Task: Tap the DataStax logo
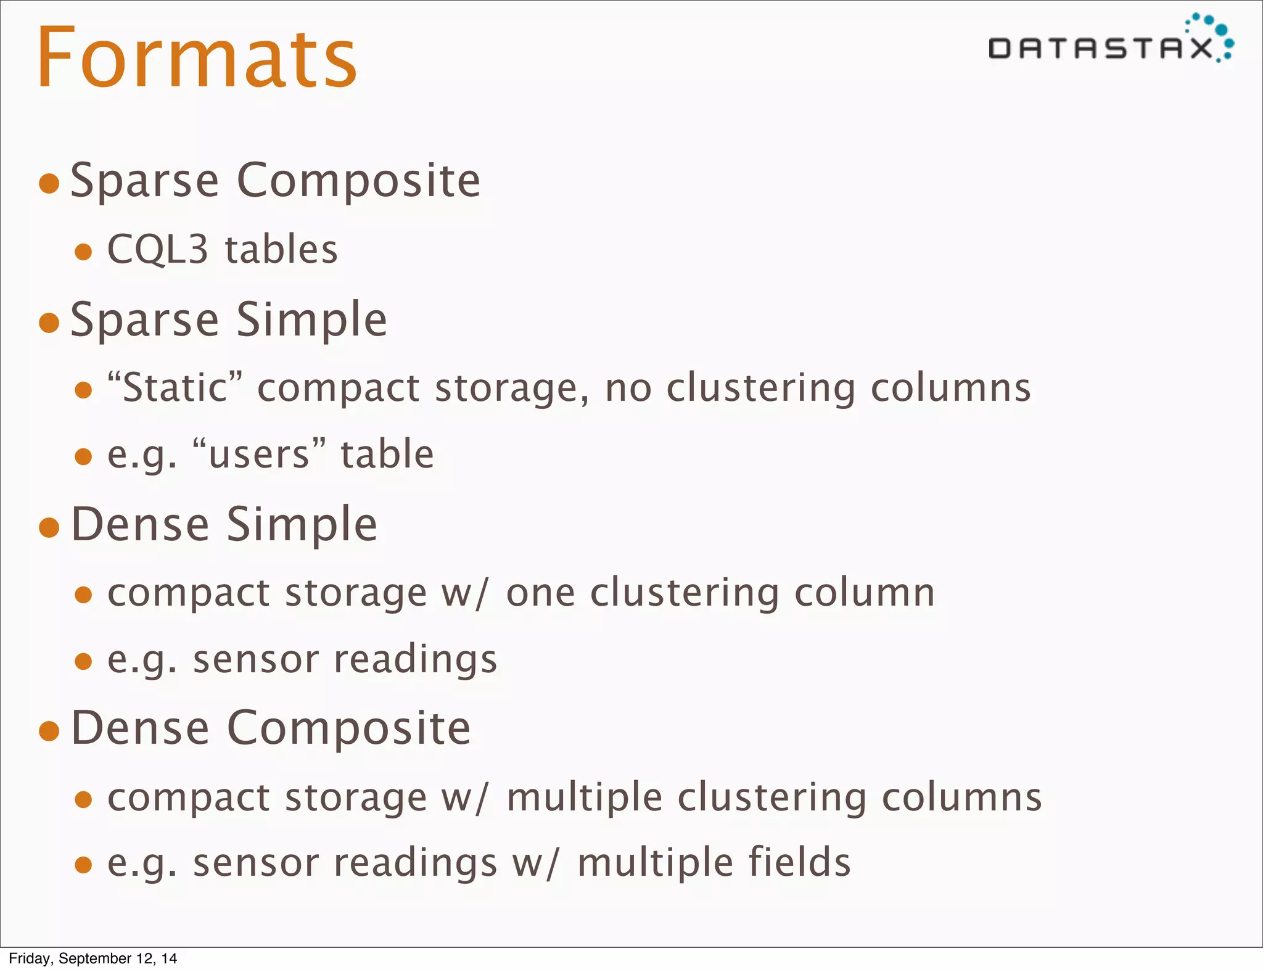(1110, 41)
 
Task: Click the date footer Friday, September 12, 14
(93, 958)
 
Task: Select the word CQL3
(158, 250)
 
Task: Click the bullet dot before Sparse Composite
(49, 183)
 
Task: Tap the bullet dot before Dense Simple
(49, 527)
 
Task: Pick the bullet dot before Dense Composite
(49, 731)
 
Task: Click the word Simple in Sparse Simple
(311, 320)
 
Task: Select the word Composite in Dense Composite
(349, 728)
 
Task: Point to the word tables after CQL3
(281, 250)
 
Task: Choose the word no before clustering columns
(628, 389)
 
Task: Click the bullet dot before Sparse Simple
(49, 323)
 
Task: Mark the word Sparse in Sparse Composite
(145, 181)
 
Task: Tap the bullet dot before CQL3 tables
(83, 252)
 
